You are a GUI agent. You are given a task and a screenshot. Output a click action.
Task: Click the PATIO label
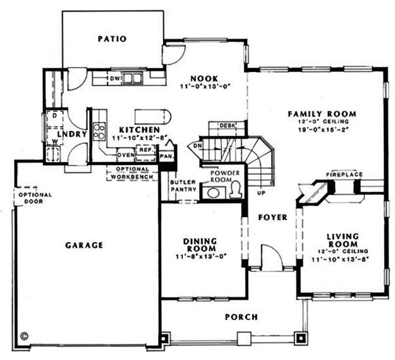112,39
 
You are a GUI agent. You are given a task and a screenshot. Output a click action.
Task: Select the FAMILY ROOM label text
322,114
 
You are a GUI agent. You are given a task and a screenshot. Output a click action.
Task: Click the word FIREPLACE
344,173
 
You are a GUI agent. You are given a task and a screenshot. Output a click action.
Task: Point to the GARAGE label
84,244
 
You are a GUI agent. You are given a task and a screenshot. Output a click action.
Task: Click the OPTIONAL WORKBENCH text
132,173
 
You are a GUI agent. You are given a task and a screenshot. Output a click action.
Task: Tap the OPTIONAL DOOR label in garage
35,198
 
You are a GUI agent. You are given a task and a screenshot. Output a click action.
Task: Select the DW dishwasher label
115,78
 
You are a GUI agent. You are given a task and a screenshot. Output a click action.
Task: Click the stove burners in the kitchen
100,131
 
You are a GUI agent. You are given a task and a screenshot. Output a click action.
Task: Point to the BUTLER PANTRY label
183,186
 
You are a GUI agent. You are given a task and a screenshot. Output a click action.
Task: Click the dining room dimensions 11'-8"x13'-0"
201,256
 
